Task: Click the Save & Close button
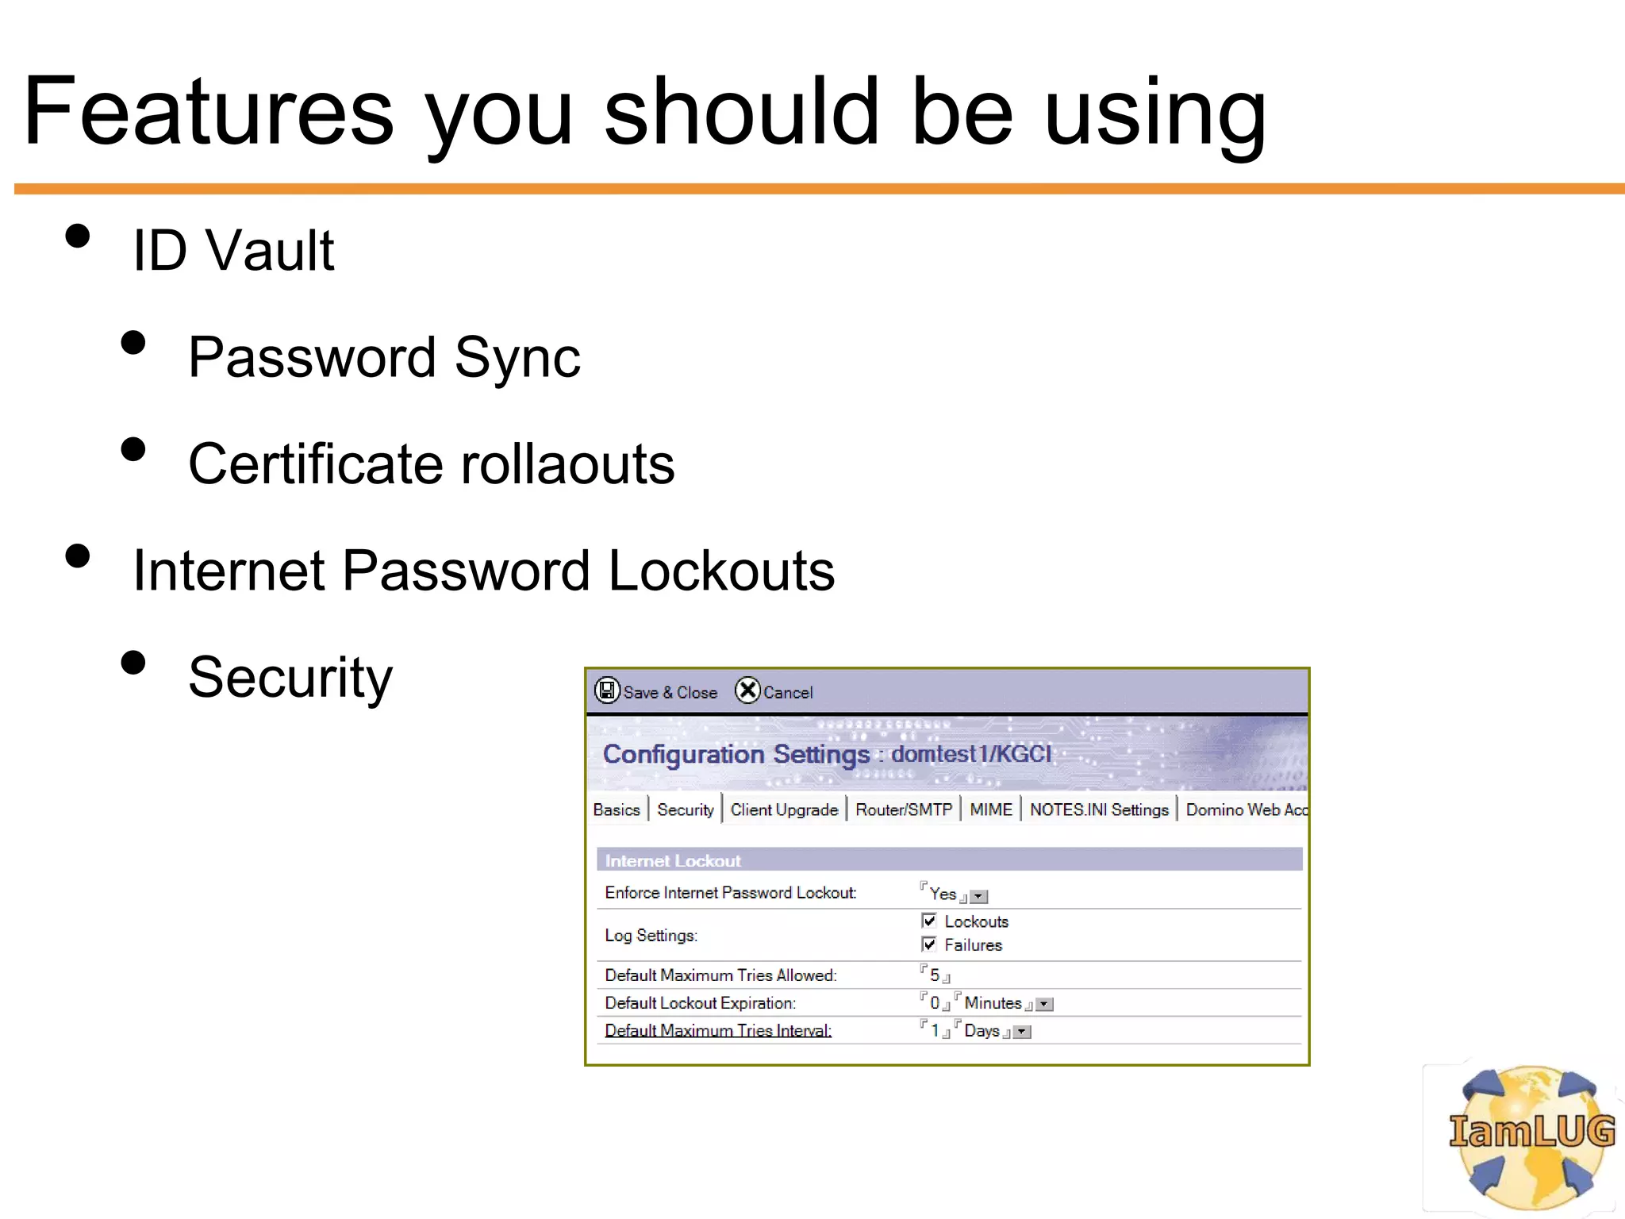[x=656, y=691]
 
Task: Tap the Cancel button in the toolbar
[x=774, y=691]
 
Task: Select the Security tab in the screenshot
[x=685, y=809]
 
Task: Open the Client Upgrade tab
[x=784, y=809]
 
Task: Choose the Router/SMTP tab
[x=903, y=809]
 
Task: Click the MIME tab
[x=990, y=809]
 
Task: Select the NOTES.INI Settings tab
[x=1099, y=809]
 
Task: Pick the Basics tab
[x=616, y=809]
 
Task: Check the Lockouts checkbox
[x=929, y=921]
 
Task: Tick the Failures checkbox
[x=929, y=944]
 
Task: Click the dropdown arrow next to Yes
[x=979, y=897]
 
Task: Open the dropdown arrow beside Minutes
[x=1045, y=1005]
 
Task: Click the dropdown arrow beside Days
[x=1023, y=1032]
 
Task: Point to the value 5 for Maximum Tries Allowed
[x=935, y=975]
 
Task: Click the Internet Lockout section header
[x=673, y=860]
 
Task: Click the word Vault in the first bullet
[x=270, y=251]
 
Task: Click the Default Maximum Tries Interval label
[x=718, y=1030]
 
